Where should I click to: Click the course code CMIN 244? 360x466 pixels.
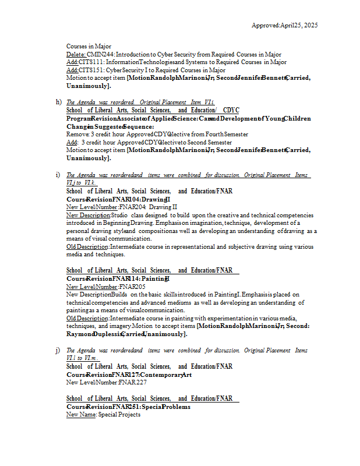[x=97, y=54]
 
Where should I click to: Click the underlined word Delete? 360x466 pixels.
[x=76, y=54]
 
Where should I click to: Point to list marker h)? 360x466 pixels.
[x=58, y=102]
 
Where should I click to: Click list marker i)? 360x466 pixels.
[x=58, y=175]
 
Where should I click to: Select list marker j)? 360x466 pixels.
[x=58, y=351]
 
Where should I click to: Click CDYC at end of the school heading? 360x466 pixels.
[x=231, y=110]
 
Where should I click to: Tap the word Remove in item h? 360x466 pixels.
[x=76, y=134]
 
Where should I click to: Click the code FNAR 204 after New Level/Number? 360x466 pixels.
[x=133, y=207]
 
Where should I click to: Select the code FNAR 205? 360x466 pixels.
[x=132, y=287]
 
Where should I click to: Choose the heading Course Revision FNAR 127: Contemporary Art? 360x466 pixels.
[x=129, y=375]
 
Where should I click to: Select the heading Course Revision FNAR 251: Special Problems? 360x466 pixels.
[x=128, y=407]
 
